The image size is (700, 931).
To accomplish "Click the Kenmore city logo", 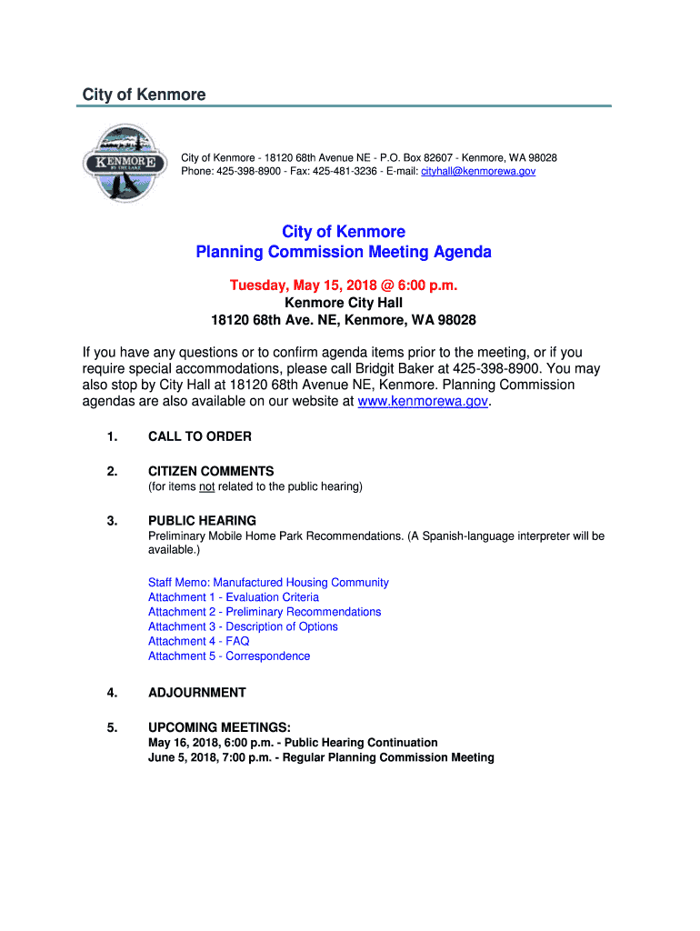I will (124, 164).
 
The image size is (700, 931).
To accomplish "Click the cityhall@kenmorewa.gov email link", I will (478, 171).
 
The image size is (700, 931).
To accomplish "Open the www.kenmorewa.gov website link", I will (425, 401).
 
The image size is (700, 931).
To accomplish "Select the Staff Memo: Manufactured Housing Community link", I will (268, 583).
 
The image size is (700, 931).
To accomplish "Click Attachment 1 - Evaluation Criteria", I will (234, 597).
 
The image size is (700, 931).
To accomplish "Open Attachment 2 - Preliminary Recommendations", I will (265, 612).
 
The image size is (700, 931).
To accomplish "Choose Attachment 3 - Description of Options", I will (243, 626).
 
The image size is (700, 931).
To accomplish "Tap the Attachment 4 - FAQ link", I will (198, 641).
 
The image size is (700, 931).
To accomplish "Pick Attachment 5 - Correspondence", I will (229, 656).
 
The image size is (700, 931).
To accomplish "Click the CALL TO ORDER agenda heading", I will (200, 436).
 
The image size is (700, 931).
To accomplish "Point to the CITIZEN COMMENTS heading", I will (211, 471).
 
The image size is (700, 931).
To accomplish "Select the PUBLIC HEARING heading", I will (202, 521).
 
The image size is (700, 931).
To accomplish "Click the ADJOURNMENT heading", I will (197, 693).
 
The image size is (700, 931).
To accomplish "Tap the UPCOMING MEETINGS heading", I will (219, 727).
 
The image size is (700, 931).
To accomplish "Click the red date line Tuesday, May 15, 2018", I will (344, 285).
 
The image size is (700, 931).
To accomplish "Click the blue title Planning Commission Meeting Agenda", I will (344, 252).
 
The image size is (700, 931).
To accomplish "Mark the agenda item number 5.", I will (112, 727).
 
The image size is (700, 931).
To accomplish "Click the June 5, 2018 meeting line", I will (321, 757).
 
